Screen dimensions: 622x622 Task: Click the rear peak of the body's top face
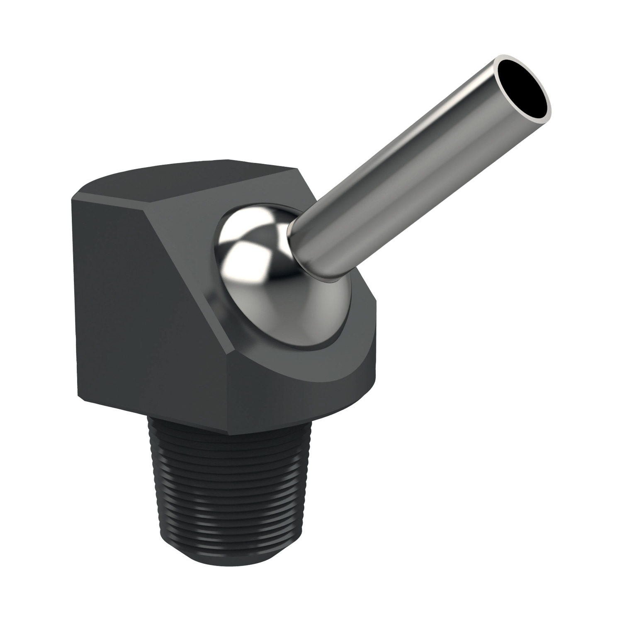(x=226, y=160)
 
